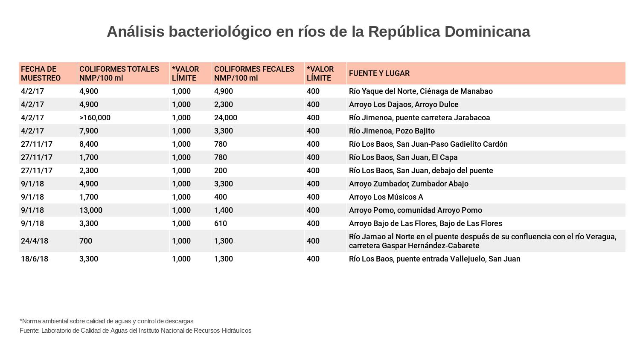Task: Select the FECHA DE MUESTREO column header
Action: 41,73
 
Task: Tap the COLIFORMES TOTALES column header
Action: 119,73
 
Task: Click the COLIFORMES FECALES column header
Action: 254,73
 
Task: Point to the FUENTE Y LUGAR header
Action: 379,73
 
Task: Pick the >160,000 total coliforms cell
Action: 95,118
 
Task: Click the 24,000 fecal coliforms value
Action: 225,118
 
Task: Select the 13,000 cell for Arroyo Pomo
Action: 90,210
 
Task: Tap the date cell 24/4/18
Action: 35,241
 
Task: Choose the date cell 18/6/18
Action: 35,259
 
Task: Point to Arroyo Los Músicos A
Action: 386,197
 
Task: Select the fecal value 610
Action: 220,224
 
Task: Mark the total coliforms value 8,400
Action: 88,144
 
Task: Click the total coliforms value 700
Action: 85,241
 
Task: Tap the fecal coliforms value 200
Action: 220,171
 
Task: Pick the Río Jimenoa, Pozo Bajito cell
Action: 391,131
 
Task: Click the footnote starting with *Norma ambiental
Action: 106,321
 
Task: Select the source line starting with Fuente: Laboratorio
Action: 135,331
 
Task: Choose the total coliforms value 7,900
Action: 88,131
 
